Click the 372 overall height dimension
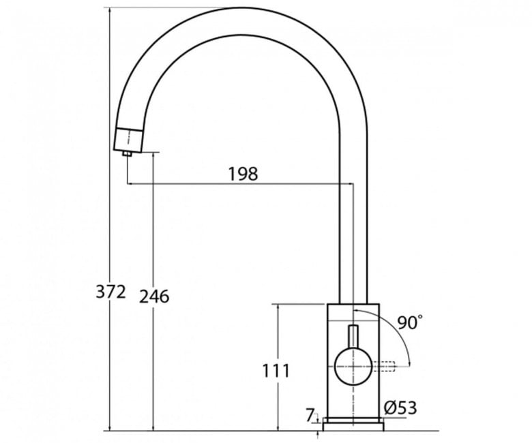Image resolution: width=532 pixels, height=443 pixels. pyautogui.click(x=110, y=292)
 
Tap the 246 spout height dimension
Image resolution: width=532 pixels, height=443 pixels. pyautogui.click(x=154, y=296)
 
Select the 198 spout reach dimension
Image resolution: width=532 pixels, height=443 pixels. pyautogui.click(x=243, y=174)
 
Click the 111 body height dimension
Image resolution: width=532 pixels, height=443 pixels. pyautogui.click(x=276, y=371)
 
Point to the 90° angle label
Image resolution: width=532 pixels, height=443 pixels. pyautogui.click(x=410, y=322)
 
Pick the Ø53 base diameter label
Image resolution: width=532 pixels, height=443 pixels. pyautogui.click(x=400, y=408)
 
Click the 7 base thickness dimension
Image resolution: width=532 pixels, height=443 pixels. pyautogui.click(x=310, y=415)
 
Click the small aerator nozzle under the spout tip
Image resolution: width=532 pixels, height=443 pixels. pyautogui.click(x=128, y=153)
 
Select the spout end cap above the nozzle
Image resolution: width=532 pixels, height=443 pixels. pyautogui.click(x=128, y=139)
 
